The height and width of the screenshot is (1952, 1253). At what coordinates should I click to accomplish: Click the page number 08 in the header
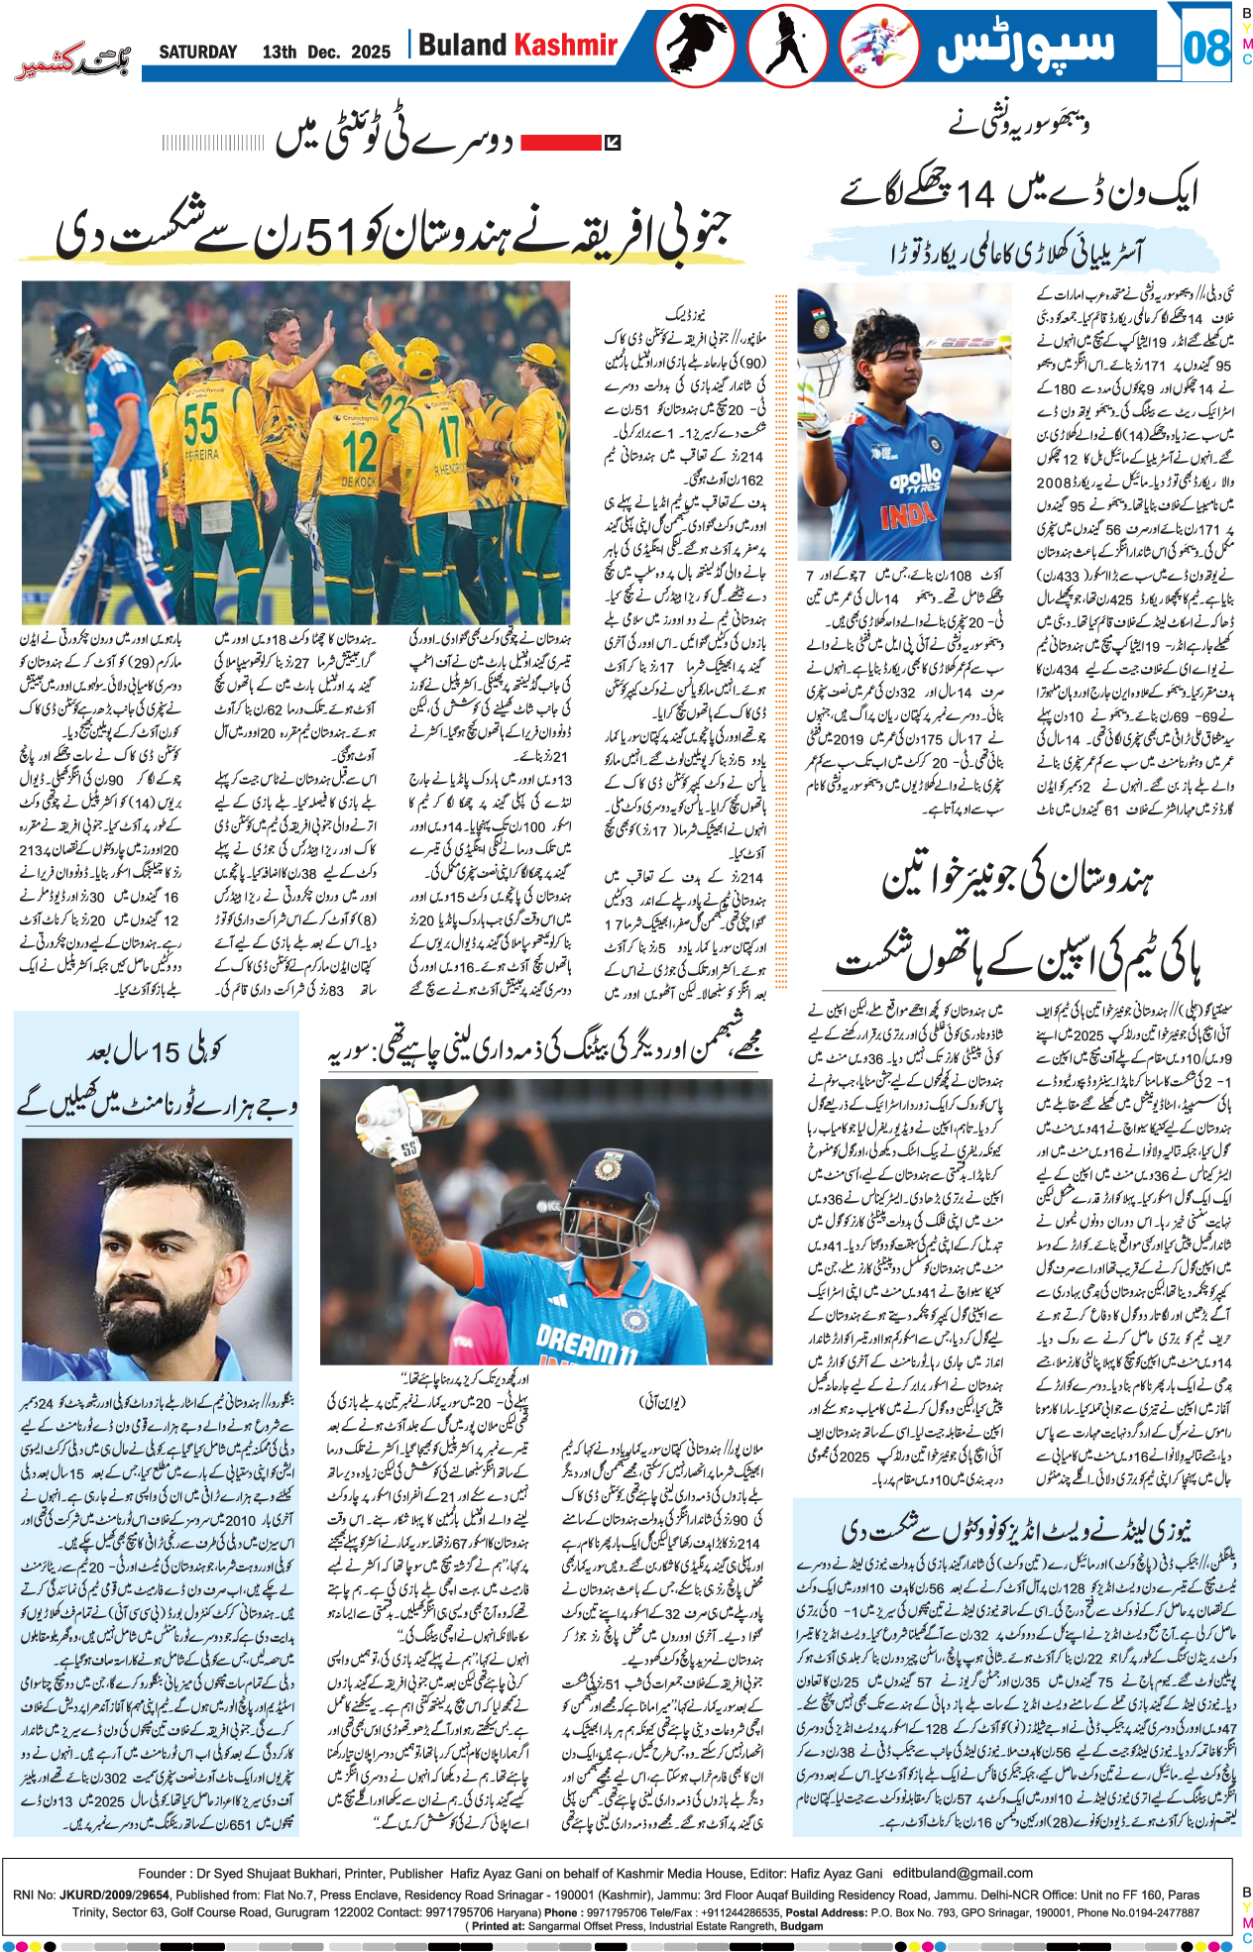pos(1205,47)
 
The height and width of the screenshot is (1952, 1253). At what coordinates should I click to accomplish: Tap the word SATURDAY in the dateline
pos(198,53)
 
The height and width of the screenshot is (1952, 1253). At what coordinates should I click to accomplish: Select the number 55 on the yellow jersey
pos(200,424)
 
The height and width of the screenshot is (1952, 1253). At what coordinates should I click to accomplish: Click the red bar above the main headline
pos(561,143)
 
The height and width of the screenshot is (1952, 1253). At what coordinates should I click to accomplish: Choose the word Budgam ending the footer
pos(802,1926)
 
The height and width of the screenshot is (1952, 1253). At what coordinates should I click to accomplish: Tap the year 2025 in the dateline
pos(371,53)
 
